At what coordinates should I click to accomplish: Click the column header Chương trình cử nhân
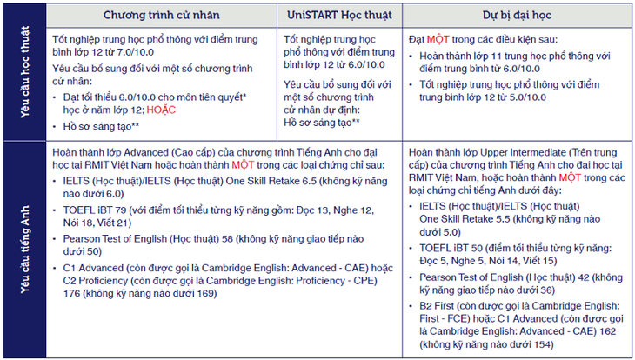(x=161, y=17)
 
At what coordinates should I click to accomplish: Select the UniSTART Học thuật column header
(x=343, y=17)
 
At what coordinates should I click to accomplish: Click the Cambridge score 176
(x=75, y=292)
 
